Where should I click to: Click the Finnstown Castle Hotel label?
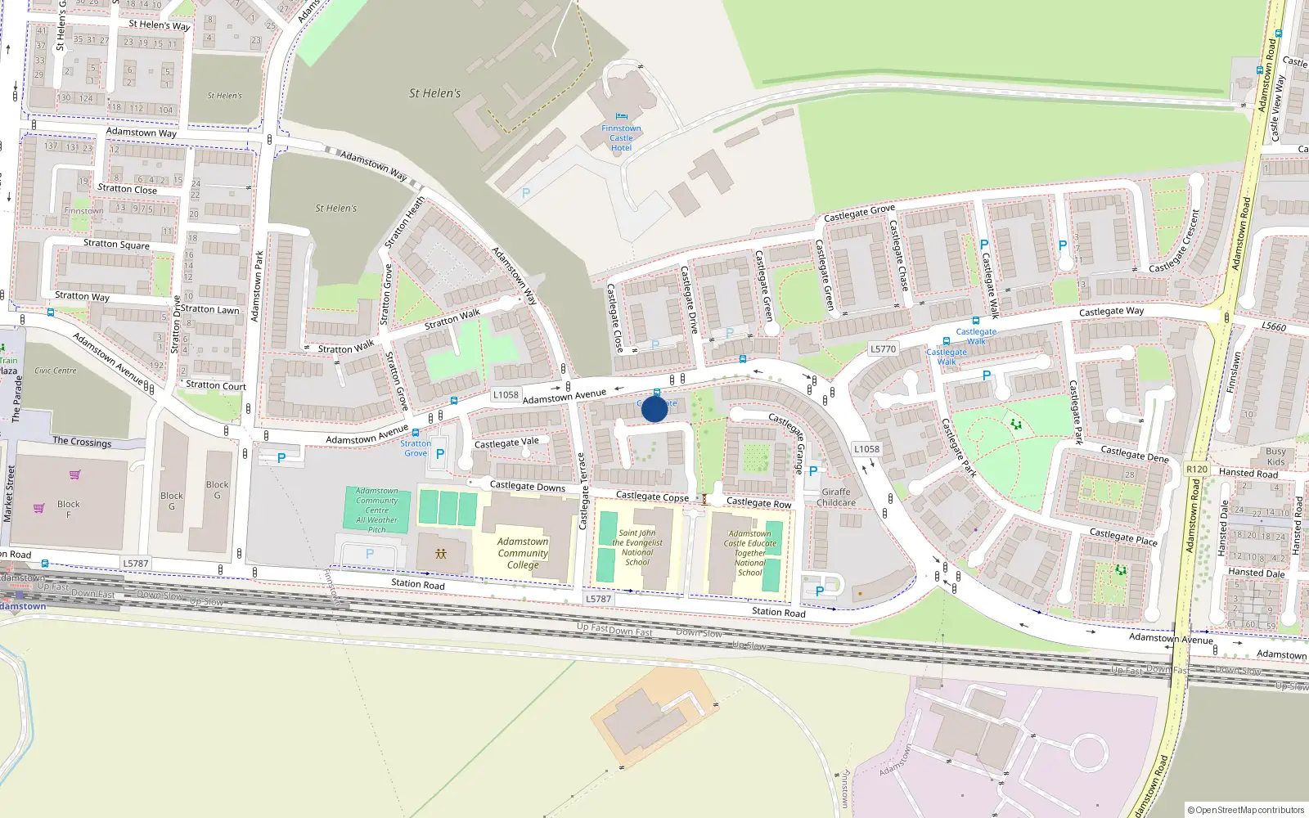(x=621, y=138)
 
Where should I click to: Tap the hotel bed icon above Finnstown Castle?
(x=621, y=117)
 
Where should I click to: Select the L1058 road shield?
(x=506, y=394)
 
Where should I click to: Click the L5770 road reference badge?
(x=883, y=348)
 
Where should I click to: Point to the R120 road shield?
(x=1196, y=469)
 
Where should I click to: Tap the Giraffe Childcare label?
(x=836, y=497)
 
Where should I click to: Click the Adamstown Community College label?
(x=523, y=553)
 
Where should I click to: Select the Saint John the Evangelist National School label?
(x=637, y=547)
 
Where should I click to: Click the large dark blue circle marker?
(x=654, y=408)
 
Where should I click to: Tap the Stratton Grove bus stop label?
(x=416, y=448)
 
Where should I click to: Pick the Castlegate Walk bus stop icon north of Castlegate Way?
(x=975, y=321)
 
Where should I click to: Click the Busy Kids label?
(x=1275, y=456)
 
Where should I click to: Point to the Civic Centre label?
(x=56, y=371)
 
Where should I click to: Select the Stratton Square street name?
(x=116, y=244)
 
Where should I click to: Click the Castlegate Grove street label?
(x=859, y=213)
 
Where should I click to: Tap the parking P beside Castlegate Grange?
(x=812, y=471)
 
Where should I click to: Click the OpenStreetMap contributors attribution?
(x=1246, y=810)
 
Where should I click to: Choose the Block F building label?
(x=69, y=509)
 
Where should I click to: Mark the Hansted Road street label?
(x=1248, y=473)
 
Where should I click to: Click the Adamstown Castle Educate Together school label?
(x=750, y=553)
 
